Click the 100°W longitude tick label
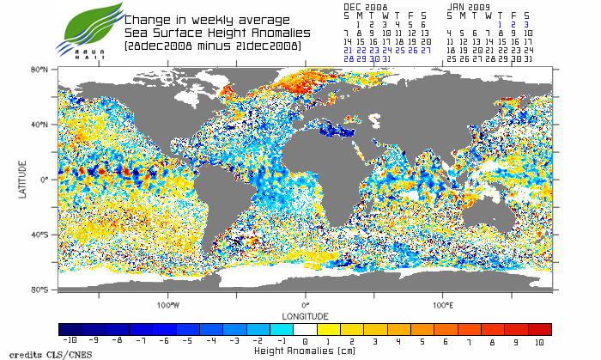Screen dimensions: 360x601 pos(168,305)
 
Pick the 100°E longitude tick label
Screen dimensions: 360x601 pos(443,305)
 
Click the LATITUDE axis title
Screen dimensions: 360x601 pos(23,179)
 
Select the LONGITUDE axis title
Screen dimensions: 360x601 pos(306,315)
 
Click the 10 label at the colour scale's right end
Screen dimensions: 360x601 pos(540,341)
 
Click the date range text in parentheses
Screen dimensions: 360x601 pos(212,45)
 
